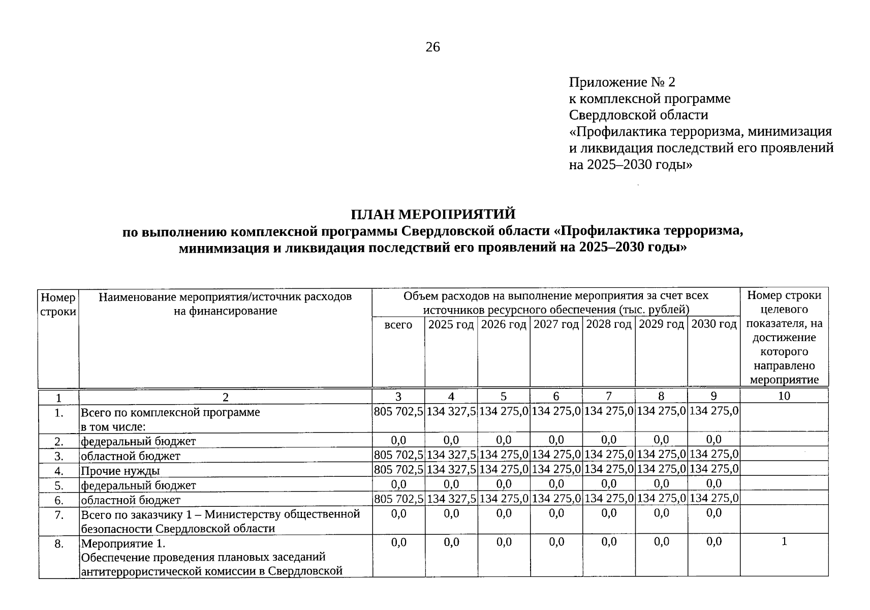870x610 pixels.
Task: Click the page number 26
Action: tap(432, 47)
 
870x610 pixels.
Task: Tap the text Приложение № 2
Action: tap(622, 82)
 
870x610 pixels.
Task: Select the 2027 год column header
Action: tap(556, 324)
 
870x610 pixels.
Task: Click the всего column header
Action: tap(398, 324)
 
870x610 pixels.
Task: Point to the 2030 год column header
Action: tap(713, 324)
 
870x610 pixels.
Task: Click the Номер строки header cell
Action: tap(58, 304)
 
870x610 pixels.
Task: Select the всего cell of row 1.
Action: tap(398, 411)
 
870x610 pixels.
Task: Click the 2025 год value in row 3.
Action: tap(451, 454)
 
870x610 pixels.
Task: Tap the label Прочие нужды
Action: tap(120, 471)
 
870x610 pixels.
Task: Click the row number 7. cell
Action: tap(59, 515)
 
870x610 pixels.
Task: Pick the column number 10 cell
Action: tap(784, 396)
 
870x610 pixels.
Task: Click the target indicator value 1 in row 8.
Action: tap(784, 542)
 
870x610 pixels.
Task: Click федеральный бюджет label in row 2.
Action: tap(138, 441)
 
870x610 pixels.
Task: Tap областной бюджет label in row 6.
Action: tap(131, 500)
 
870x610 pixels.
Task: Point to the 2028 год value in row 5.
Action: tap(609, 484)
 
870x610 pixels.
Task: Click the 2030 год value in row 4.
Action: tap(713, 469)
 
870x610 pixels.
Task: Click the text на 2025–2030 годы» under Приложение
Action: tap(630, 165)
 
